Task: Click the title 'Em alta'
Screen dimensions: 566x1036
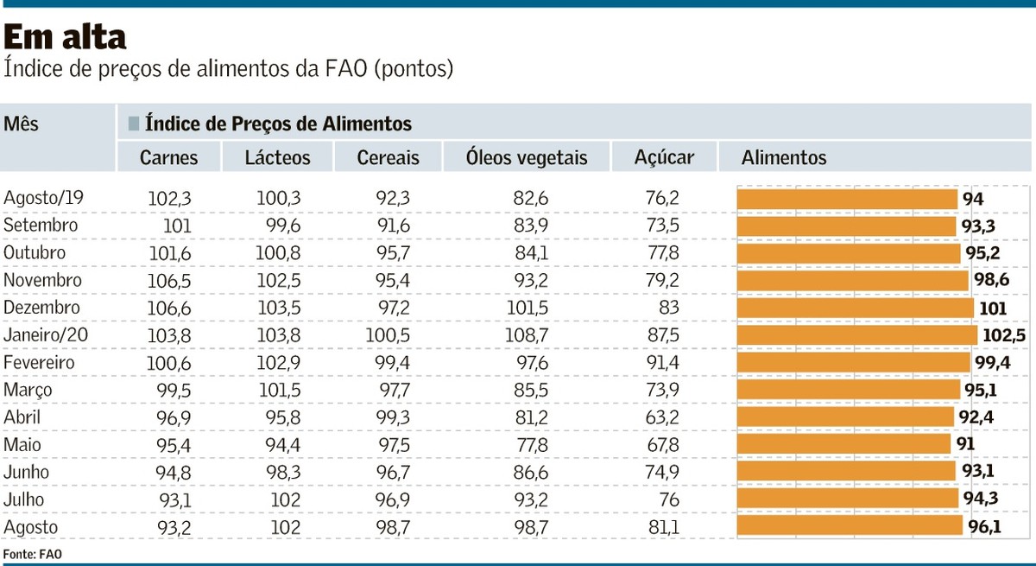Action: pyautogui.click(x=66, y=36)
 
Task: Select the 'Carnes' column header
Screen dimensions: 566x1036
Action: pyautogui.click(x=169, y=157)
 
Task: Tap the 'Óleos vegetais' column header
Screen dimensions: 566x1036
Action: pyautogui.click(x=526, y=157)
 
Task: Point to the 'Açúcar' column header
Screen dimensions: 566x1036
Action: pyautogui.click(x=664, y=157)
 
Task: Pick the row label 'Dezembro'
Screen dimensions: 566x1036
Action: pyautogui.click(x=41, y=308)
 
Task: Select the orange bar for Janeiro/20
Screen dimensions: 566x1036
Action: pyautogui.click(x=856, y=335)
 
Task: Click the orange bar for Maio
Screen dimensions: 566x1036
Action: pyautogui.click(x=844, y=445)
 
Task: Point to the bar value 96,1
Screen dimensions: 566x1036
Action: pyautogui.click(x=984, y=527)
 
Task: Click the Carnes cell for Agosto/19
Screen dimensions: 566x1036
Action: pyautogui.click(x=170, y=198)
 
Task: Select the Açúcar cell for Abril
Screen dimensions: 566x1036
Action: pyautogui.click(x=662, y=417)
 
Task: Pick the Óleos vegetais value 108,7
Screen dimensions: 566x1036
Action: pyautogui.click(x=531, y=335)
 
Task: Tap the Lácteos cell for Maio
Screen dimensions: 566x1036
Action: pyautogui.click(x=279, y=445)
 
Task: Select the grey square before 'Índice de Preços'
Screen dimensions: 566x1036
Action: pyautogui.click(x=134, y=124)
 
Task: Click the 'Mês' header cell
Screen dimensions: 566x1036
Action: pyautogui.click(x=22, y=124)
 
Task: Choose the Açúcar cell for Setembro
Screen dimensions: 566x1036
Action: pyautogui.click(x=662, y=226)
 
